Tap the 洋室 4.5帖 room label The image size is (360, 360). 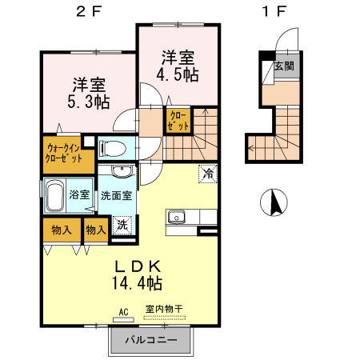[x=178, y=66]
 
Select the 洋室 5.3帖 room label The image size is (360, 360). [x=89, y=93]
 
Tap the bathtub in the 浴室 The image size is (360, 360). [x=54, y=194]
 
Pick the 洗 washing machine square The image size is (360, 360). [x=122, y=226]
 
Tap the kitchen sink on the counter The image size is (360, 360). [x=175, y=217]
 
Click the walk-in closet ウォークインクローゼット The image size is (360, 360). [x=64, y=152]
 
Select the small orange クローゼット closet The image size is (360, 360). [x=178, y=122]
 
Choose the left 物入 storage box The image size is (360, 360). [x=62, y=230]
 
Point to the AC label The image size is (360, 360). [x=124, y=311]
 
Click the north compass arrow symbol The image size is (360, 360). [x=274, y=204]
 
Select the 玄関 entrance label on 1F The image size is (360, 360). [x=283, y=66]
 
